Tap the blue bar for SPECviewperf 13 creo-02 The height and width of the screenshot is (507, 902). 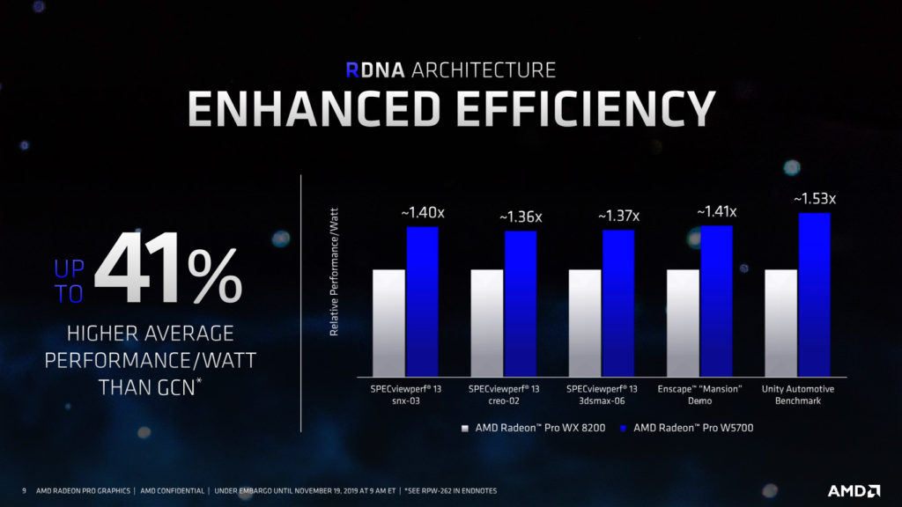click(521, 304)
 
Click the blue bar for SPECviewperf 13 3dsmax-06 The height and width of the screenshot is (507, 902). click(618, 304)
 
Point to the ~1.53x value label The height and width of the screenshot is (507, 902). click(814, 200)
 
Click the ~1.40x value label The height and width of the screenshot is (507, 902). click(422, 213)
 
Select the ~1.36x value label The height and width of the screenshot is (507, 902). click(521, 217)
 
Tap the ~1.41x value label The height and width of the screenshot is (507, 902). click(716, 212)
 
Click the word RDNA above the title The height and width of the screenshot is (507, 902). click(373, 70)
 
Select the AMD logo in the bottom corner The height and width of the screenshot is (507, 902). click(854, 489)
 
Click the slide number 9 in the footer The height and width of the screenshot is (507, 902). click(24, 489)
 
